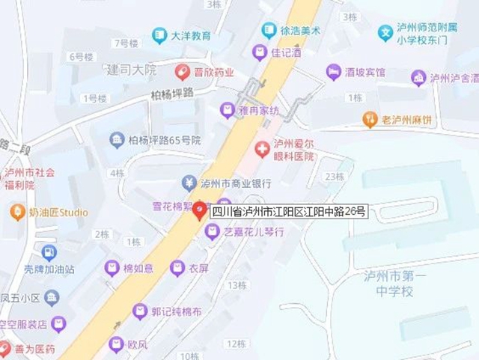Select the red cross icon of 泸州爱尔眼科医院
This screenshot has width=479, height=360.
pyautogui.click(x=261, y=150)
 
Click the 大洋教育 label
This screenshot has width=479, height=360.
pyautogui.click(x=190, y=34)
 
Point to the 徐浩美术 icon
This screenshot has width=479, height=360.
pyautogui.click(x=269, y=31)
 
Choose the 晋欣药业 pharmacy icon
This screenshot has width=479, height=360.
pyautogui.click(x=181, y=72)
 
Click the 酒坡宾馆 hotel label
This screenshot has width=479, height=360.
pyautogui.click(x=364, y=72)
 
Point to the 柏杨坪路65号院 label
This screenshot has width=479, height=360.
pyautogui.click(x=165, y=140)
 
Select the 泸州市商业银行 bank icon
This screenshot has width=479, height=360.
pyautogui.click(x=189, y=183)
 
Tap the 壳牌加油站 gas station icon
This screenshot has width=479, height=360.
pyautogui.click(x=49, y=253)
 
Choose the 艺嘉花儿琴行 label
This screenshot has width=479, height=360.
pyautogui.click(x=254, y=233)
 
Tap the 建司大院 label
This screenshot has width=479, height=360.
pyautogui.click(x=132, y=70)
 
